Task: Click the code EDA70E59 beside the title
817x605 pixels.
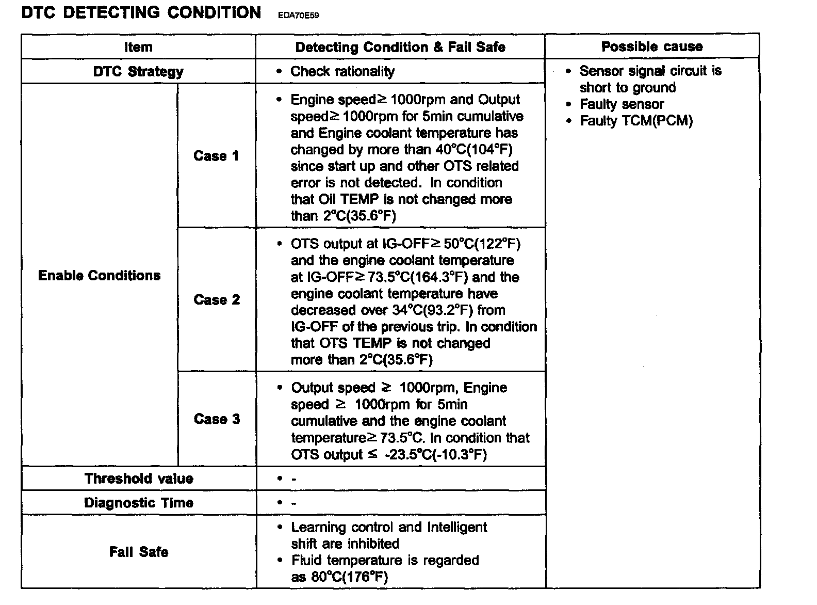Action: pos(298,15)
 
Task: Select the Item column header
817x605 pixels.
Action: pos(138,47)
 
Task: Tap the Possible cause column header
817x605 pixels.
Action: pos(652,46)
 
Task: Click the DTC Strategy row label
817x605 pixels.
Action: pos(138,71)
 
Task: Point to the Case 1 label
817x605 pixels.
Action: pos(216,156)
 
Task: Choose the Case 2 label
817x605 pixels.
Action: pos(217,300)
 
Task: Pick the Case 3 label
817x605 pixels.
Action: pos(217,419)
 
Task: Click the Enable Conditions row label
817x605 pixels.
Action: pos(100,275)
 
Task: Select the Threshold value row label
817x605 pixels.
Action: pos(139,479)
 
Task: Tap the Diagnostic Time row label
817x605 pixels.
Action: pos(139,503)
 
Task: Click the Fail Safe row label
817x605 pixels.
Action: pos(139,552)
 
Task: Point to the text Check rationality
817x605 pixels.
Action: pos(342,71)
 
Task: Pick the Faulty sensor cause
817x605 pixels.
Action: pos(622,104)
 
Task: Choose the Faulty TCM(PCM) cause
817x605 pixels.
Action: pos(636,121)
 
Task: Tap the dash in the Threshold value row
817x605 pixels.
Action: pos(293,479)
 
